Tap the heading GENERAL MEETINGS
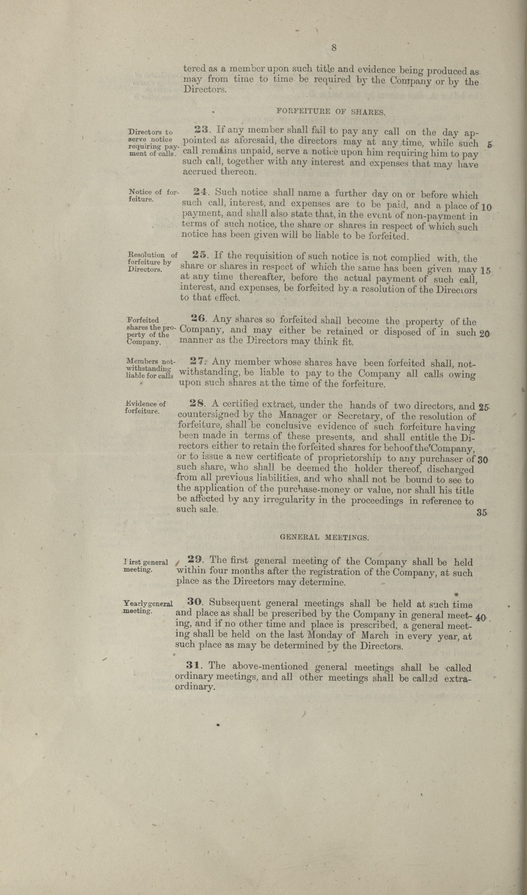click(x=325, y=537)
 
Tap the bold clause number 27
click(x=197, y=361)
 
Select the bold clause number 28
click(x=196, y=403)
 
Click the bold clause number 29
click(x=195, y=560)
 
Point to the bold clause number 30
click(x=194, y=602)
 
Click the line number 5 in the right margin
click(x=490, y=145)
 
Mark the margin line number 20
click(x=484, y=334)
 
